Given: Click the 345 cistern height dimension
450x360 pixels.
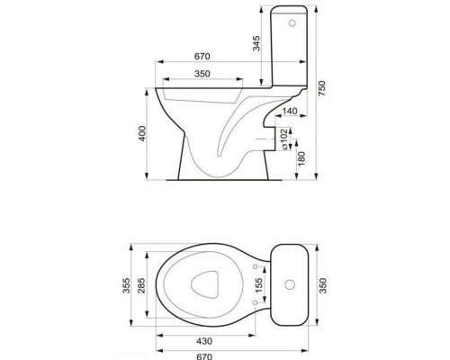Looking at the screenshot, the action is [256, 43].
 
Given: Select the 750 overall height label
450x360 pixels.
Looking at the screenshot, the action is [321, 88].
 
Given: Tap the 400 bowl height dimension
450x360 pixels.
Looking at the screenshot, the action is [142, 133].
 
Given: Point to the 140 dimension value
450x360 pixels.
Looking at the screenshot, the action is [290, 111].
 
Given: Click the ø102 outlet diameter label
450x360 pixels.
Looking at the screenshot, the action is [284, 139].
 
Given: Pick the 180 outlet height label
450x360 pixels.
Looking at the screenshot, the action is [301, 159].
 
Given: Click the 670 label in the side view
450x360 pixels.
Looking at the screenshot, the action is [202, 57].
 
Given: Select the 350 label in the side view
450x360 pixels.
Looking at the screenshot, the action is [202, 74].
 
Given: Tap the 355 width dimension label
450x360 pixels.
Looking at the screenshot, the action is [126, 285].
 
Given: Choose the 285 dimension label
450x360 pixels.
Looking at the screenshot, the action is [141, 285].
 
